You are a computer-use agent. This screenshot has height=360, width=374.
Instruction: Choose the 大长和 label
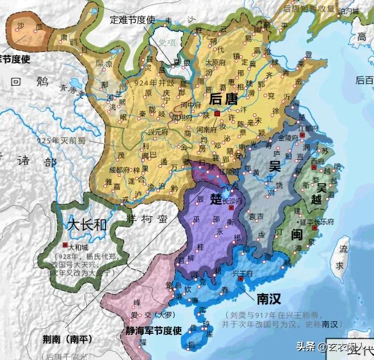tap(87, 224)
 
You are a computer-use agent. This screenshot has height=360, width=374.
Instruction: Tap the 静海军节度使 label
tap(153, 330)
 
